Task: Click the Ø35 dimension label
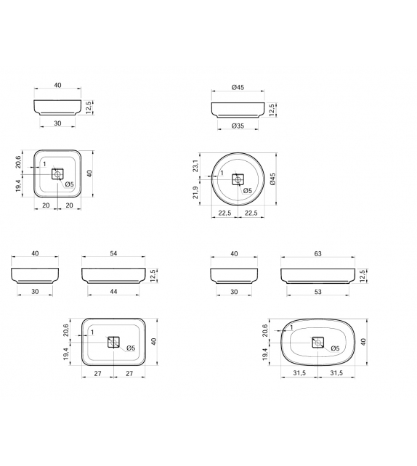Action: coord(238,126)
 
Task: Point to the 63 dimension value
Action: coord(317,253)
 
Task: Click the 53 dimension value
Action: coord(317,292)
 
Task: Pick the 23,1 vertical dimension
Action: coord(196,166)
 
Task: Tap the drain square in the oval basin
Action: coord(317,342)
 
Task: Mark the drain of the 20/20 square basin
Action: coord(58,173)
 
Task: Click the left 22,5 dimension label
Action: coord(225,213)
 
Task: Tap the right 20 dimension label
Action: coord(69,206)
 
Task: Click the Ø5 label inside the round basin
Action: coord(247,190)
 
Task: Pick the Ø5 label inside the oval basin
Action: coord(335,349)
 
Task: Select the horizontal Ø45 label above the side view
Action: coord(238,87)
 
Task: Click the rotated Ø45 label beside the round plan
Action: coord(272,179)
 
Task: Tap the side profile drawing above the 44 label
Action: coord(111,275)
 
